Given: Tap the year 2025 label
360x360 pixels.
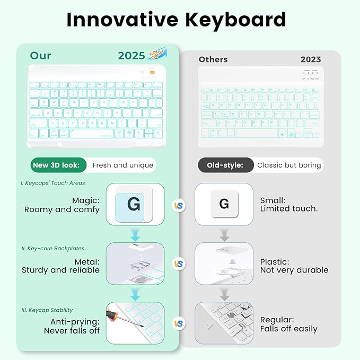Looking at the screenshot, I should pos(131,56).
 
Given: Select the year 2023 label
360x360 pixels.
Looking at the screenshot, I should pos(311,59).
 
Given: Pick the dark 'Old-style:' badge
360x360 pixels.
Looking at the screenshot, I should pos(225,165).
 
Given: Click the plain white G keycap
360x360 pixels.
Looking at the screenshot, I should pos(224,204).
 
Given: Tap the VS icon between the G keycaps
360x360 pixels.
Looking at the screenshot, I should pos(179,205).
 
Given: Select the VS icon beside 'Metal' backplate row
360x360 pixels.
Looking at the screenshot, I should pos(179,264).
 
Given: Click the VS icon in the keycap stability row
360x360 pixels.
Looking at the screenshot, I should pos(179,322).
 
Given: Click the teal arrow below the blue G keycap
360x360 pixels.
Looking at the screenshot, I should pos(135,233).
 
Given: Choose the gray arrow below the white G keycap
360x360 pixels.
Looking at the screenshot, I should pos(224,234).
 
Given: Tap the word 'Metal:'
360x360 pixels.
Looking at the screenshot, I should pos(86,261).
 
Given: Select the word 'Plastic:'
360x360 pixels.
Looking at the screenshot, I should pos(274,261).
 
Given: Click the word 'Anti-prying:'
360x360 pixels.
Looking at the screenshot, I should pos(75,321).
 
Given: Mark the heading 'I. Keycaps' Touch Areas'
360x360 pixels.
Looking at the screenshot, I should pos(53,183).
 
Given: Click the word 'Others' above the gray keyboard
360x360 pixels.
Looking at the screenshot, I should pos(213,59).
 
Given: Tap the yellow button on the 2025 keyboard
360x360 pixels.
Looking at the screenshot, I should pos(152,73).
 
